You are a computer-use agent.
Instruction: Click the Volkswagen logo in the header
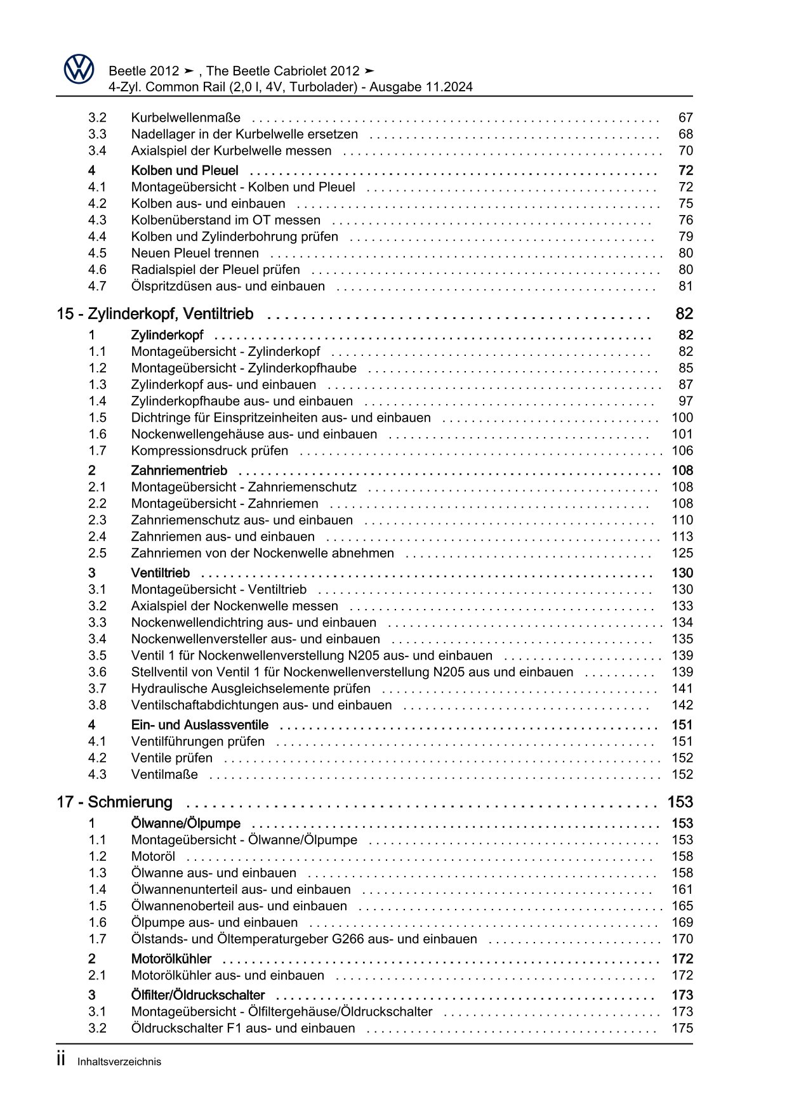click(x=79, y=69)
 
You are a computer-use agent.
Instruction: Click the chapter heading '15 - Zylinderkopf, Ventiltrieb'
click(x=155, y=314)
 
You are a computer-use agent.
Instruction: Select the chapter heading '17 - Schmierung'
click(x=114, y=802)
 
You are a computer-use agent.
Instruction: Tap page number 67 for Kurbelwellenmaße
click(x=685, y=117)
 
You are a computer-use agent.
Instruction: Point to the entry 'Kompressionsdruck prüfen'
click(x=209, y=450)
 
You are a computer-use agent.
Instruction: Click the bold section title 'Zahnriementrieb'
click(x=178, y=470)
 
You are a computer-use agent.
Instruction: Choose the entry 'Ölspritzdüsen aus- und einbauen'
click(x=228, y=286)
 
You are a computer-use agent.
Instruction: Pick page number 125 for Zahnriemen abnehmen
click(x=682, y=553)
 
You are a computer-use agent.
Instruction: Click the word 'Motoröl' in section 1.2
click(x=153, y=856)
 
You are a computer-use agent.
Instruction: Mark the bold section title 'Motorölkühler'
click(x=171, y=958)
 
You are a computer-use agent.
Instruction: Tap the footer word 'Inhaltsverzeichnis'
click(x=119, y=1062)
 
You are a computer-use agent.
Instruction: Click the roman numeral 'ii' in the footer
click(x=61, y=1059)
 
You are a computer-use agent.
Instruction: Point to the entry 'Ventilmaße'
click(x=164, y=774)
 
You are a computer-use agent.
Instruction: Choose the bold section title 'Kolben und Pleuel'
click(x=185, y=170)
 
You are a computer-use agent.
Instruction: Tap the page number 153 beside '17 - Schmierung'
click(x=680, y=802)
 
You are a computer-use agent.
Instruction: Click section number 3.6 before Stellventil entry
click(x=97, y=672)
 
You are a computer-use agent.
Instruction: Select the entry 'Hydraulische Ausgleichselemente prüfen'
click(x=251, y=688)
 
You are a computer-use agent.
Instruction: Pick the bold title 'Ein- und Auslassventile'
click(x=199, y=724)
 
